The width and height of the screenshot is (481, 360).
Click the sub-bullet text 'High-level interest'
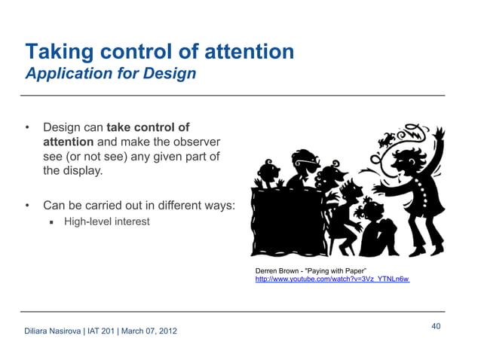106,221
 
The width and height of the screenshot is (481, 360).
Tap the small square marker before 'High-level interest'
53,222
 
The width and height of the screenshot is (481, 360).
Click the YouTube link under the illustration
332,279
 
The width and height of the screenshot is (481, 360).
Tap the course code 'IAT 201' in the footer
103,331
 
